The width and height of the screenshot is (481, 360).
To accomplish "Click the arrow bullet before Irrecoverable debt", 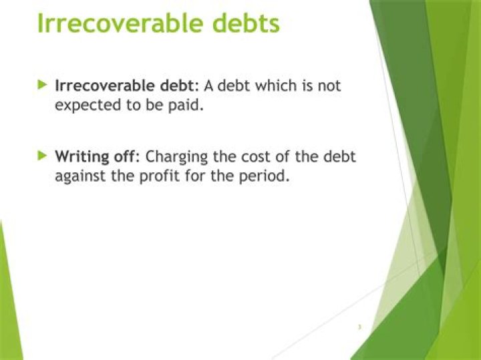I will [x=43, y=85].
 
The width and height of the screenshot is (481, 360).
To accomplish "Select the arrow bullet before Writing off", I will [x=43, y=156].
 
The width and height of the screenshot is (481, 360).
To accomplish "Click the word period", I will [x=267, y=178].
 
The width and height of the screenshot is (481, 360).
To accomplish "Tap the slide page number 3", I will [x=359, y=327].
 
